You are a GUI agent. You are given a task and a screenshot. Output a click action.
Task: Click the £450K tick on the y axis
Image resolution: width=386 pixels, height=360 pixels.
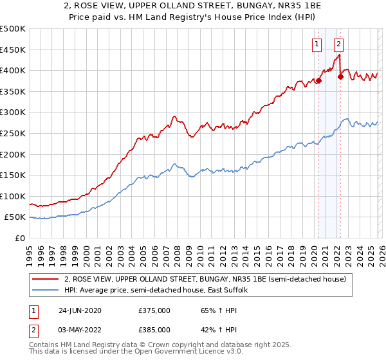13,50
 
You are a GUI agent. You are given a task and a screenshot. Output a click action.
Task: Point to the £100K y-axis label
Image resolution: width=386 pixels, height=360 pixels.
13,196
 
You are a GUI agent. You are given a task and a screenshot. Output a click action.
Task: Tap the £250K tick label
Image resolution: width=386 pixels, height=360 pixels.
13,133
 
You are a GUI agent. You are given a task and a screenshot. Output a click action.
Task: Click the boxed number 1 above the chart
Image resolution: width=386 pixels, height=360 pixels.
317,44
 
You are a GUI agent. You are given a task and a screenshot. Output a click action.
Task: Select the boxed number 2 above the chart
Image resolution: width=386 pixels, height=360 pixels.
338,44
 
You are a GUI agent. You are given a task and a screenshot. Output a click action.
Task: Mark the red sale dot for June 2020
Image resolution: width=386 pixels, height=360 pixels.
318,81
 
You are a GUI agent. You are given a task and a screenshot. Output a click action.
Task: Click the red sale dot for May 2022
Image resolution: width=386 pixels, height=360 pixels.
340,76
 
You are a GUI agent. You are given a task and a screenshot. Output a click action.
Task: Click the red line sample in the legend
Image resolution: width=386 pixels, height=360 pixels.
46,279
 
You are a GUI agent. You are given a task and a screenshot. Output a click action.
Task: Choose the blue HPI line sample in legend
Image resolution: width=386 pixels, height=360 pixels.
46,291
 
